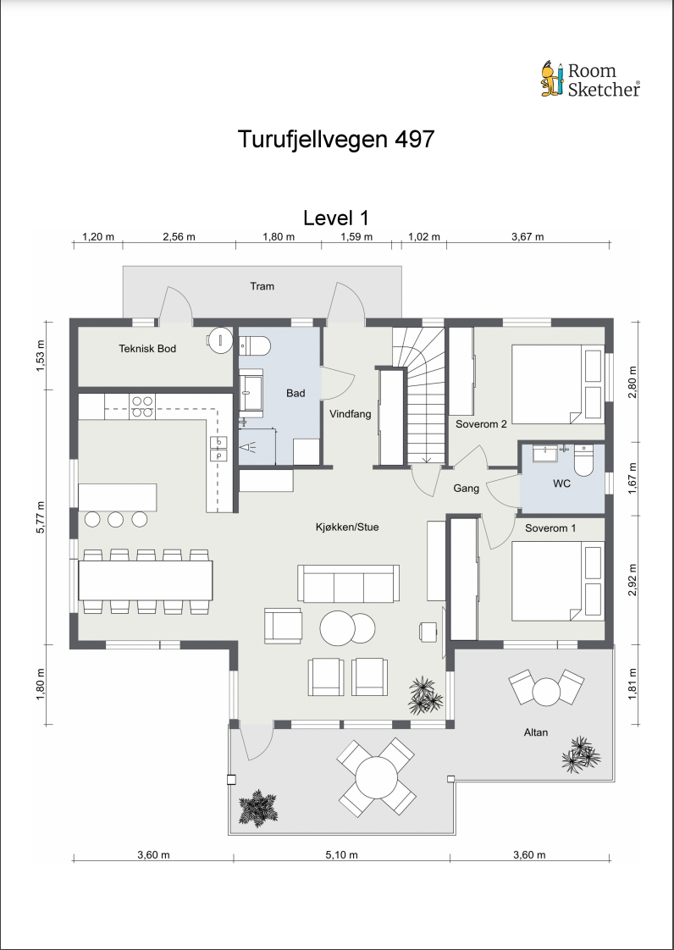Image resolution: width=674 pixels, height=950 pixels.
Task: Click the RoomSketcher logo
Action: coord(590,79)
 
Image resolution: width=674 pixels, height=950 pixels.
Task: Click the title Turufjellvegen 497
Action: coord(336,139)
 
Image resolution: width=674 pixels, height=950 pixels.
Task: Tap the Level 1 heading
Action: coord(336,218)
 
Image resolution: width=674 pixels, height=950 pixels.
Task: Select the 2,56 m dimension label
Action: coord(180,236)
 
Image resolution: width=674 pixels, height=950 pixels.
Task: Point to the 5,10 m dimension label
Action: coord(341,855)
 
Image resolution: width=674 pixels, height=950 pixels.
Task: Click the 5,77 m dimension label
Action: coord(41,516)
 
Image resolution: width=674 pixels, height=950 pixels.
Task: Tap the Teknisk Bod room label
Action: coord(147,348)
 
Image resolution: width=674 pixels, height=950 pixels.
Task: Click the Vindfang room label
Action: coord(351,414)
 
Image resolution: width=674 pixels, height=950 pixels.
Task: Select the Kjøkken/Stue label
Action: coord(347,527)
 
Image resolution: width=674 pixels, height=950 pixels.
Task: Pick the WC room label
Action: coord(562,484)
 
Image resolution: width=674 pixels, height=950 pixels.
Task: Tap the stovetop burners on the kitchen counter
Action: coord(142,406)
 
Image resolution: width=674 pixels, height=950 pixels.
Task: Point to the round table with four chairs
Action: coord(377,776)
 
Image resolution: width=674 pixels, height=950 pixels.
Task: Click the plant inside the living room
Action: coord(426,694)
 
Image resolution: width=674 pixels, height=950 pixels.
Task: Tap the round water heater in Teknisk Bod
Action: coord(219,340)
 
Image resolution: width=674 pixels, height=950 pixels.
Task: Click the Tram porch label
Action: coord(262,286)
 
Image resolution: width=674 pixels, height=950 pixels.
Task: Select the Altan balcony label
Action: coord(536,732)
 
